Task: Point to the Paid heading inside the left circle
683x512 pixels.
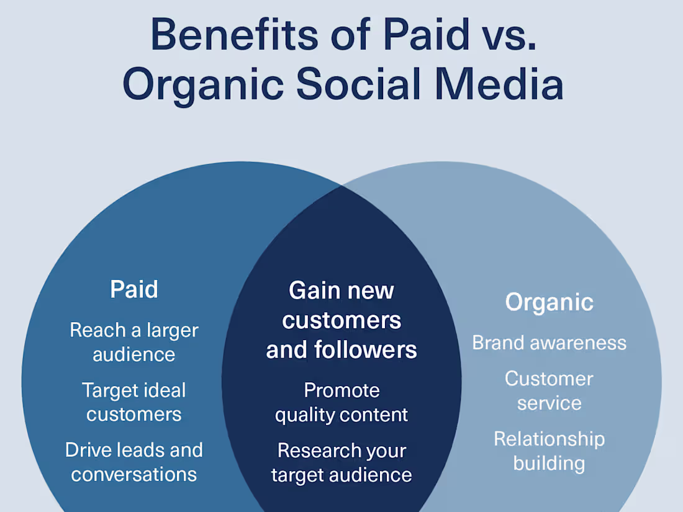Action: tap(134, 289)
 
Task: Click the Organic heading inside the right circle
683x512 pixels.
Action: tap(549, 302)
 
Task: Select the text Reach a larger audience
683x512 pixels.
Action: tap(134, 342)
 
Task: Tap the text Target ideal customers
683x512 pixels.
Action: tap(134, 402)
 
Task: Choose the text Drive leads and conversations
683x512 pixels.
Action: tap(134, 462)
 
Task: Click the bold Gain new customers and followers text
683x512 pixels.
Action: tap(341, 320)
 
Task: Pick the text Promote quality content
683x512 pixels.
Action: tap(341, 402)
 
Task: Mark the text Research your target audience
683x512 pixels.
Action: tap(341, 462)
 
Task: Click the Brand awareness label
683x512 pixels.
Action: tap(549, 343)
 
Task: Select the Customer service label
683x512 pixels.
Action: tap(549, 390)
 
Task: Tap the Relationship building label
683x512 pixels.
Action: tap(549, 451)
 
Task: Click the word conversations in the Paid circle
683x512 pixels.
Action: tap(134, 474)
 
